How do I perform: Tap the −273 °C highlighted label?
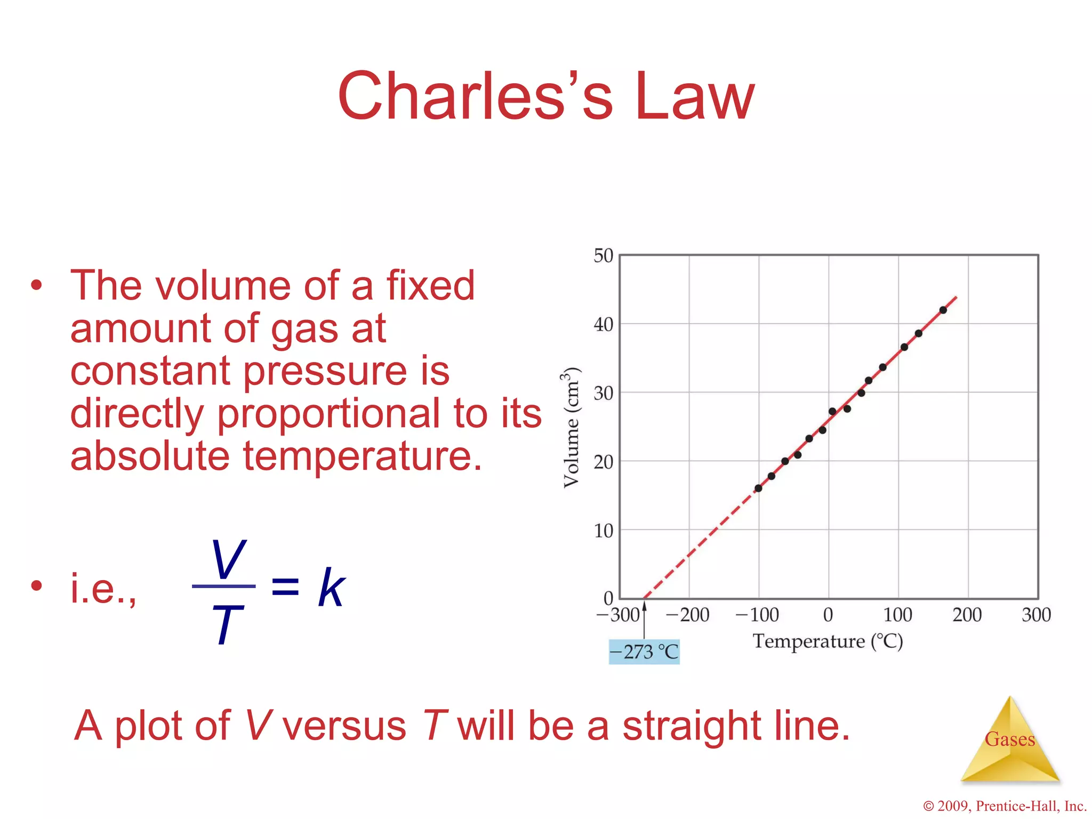(644, 652)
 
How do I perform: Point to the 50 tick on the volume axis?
(604, 256)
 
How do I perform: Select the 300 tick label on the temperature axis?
(1036, 615)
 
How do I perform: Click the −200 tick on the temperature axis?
(687, 615)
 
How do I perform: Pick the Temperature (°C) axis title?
(828, 641)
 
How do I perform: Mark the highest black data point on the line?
(943, 310)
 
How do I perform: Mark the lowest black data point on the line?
(758, 488)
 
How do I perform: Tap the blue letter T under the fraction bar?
(227, 624)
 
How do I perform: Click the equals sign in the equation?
(285, 586)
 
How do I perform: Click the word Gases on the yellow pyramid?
(1009, 739)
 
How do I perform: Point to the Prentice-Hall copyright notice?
(1005, 806)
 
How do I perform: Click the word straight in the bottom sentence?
(692, 726)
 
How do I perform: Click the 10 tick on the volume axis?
(604, 531)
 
